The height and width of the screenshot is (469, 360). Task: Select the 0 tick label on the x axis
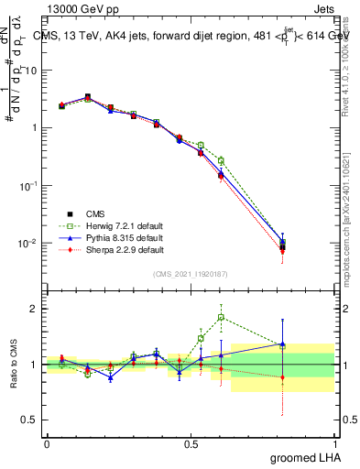pos(47,443)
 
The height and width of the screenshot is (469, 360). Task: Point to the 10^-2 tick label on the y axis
pos(30,244)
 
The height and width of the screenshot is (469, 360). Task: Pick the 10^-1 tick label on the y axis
pos(30,186)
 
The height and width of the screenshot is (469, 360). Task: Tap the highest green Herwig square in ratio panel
pos(221,318)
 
